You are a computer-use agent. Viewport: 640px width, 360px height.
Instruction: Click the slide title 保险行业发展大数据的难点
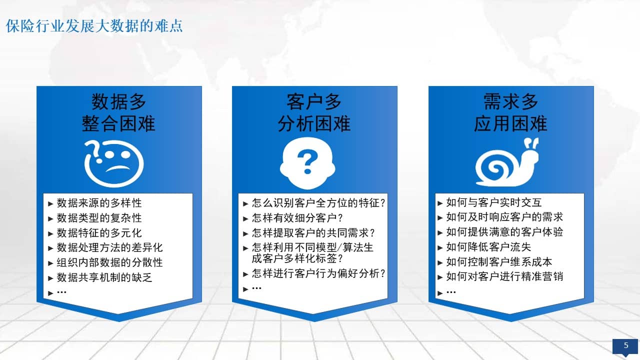(x=94, y=26)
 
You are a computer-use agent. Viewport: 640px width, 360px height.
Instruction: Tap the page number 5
(x=626, y=345)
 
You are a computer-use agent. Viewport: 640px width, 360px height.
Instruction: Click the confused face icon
(x=113, y=163)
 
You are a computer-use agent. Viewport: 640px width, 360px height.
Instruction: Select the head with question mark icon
(x=307, y=163)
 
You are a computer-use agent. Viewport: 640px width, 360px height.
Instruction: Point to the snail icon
(x=507, y=162)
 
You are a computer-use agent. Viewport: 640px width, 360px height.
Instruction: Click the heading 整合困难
(x=118, y=123)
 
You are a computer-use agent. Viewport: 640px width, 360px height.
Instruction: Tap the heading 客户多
(x=314, y=101)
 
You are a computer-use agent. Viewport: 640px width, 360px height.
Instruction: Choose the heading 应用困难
(x=510, y=123)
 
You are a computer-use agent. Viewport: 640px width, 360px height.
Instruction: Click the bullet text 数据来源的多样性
(x=99, y=203)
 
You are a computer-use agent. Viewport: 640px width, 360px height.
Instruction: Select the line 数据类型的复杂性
(x=99, y=218)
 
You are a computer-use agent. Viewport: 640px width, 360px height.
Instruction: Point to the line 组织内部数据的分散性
(x=109, y=262)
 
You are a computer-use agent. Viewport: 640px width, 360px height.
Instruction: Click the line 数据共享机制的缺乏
(x=104, y=277)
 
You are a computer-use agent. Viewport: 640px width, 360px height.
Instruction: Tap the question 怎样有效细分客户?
(x=297, y=218)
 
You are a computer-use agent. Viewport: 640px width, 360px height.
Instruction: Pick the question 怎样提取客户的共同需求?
(x=313, y=233)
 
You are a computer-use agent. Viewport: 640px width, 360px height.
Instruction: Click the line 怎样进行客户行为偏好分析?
(x=318, y=273)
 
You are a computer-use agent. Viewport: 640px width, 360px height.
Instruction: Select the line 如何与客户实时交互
(x=494, y=202)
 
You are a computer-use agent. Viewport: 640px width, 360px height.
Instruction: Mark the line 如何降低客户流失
(x=488, y=247)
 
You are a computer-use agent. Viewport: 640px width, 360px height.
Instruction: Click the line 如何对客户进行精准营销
(x=504, y=276)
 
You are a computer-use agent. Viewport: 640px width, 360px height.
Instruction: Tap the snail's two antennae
(x=531, y=143)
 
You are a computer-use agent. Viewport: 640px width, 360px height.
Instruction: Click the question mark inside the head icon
(x=307, y=161)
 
